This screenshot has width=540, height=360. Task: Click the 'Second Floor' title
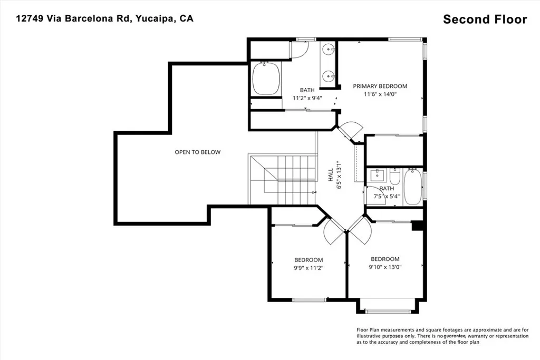(485, 20)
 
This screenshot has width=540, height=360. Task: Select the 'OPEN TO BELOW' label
(198, 152)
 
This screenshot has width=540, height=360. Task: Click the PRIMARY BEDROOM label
(380, 86)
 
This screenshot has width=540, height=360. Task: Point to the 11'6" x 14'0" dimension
(380, 94)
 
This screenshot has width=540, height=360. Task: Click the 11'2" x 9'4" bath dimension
(307, 98)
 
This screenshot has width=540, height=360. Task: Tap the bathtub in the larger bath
(266, 79)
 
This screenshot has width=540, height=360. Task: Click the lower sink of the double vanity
(330, 75)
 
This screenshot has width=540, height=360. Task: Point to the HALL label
(331, 175)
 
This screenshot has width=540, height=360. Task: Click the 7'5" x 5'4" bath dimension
(387, 197)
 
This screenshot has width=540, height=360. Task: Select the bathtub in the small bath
(413, 187)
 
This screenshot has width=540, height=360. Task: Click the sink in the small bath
(378, 175)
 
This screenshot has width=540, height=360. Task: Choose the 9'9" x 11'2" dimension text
(308, 268)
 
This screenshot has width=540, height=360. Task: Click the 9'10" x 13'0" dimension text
(385, 267)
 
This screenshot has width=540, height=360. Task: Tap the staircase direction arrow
(314, 192)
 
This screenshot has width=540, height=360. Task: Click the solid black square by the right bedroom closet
(418, 226)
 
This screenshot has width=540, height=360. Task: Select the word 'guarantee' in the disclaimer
(455, 336)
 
